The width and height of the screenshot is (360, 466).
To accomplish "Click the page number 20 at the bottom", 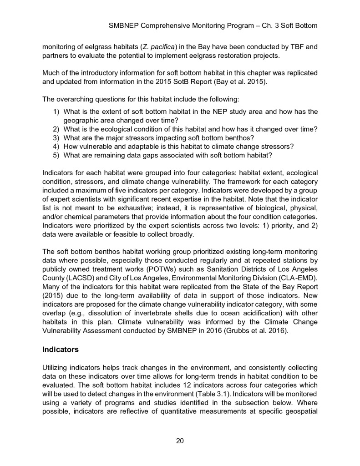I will [x=180, y=441].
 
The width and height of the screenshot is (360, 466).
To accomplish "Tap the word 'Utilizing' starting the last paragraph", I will [x=57, y=365].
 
